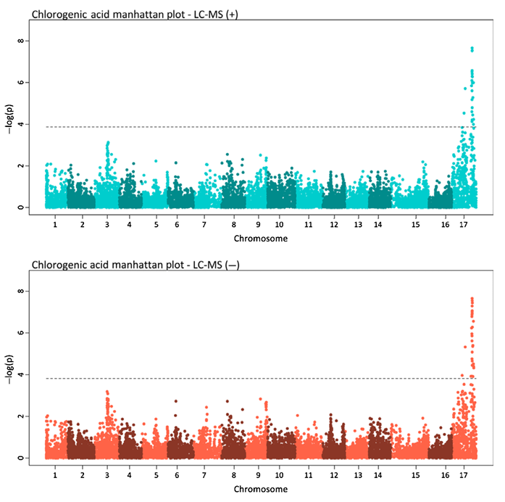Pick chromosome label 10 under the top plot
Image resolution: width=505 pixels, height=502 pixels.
[x=279, y=226]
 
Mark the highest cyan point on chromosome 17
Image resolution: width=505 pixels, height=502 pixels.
[x=472, y=49]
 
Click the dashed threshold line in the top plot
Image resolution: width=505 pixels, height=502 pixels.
[x=254, y=127]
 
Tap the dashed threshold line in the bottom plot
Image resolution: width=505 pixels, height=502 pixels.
[x=254, y=378]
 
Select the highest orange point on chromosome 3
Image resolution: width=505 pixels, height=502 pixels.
[x=107, y=392]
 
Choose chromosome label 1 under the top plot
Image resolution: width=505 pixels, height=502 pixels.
[x=55, y=226]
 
